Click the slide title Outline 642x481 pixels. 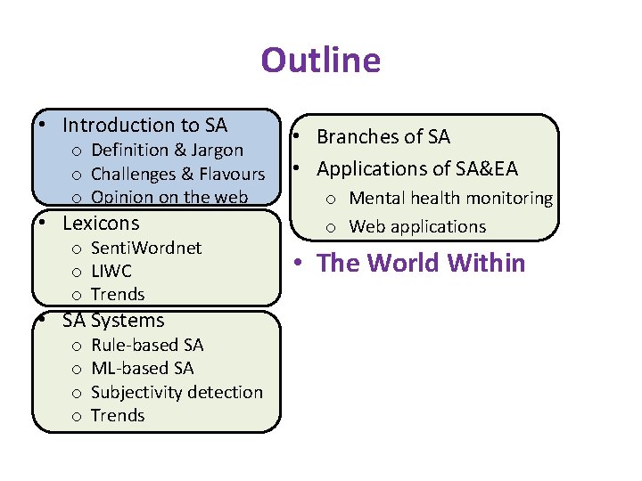(x=320, y=61)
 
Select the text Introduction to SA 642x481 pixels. (x=144, y=126)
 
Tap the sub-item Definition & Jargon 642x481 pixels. (x=167, y=150)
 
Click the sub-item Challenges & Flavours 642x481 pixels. (x=178, y=174)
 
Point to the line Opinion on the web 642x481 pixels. (x=169, y=197)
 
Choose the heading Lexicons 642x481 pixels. (x=101, y=223)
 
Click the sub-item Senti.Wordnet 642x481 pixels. (x=146, y=248)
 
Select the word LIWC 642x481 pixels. (x=111, y=271)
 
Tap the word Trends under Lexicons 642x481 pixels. (x=118, y=294)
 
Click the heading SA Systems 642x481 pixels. (x=113, y=321)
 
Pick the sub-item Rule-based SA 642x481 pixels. (x=147, y=345)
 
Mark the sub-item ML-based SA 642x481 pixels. (x=142, y=368)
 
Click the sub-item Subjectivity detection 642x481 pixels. (x=177, y=392)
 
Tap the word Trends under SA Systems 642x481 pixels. (x=118, y=415)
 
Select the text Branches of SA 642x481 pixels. (x=383, y=137)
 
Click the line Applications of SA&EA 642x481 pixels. (x=417, y=168)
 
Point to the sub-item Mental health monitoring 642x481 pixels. (x=450, y=199)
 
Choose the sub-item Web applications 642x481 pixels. (x=417, y=226)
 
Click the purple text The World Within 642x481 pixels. (x=422, y=264)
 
